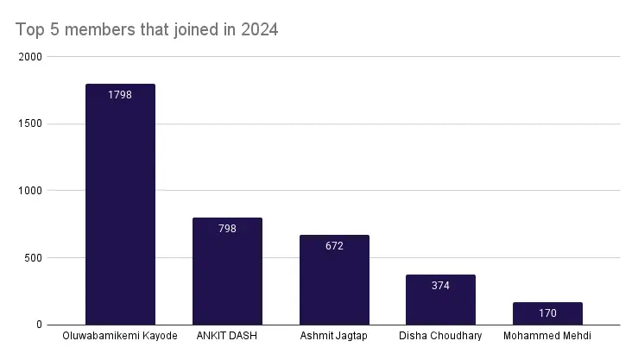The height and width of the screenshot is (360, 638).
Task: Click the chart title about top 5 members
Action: [148, 30]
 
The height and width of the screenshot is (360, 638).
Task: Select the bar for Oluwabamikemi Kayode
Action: [120, 207]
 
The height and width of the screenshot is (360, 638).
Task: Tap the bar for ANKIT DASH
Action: [227, 272]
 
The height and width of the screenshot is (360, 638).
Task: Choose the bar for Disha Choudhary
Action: [440, 302]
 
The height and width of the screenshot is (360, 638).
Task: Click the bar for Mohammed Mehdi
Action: [547, 315]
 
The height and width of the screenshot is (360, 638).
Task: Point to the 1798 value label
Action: [120, 94]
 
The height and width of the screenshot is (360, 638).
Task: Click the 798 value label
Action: [227, 229]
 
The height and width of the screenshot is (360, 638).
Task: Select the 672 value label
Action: [334, 246]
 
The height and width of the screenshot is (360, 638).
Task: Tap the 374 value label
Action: [440, 286]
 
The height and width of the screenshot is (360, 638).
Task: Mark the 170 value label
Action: [547, 313]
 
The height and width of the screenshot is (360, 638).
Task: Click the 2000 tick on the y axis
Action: [32, 57]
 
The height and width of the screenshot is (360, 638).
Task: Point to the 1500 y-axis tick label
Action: [32, 124]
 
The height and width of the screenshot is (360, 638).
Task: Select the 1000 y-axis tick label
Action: [32, 191]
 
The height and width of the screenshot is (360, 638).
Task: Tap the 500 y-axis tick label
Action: [35, 258]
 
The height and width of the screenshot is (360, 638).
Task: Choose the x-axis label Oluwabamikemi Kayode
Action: [120, 337]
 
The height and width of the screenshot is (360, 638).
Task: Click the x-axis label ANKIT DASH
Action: [227, 337]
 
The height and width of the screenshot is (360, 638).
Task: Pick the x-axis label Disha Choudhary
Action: [440, 337]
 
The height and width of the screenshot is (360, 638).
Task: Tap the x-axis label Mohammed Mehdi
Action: [547, 337]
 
